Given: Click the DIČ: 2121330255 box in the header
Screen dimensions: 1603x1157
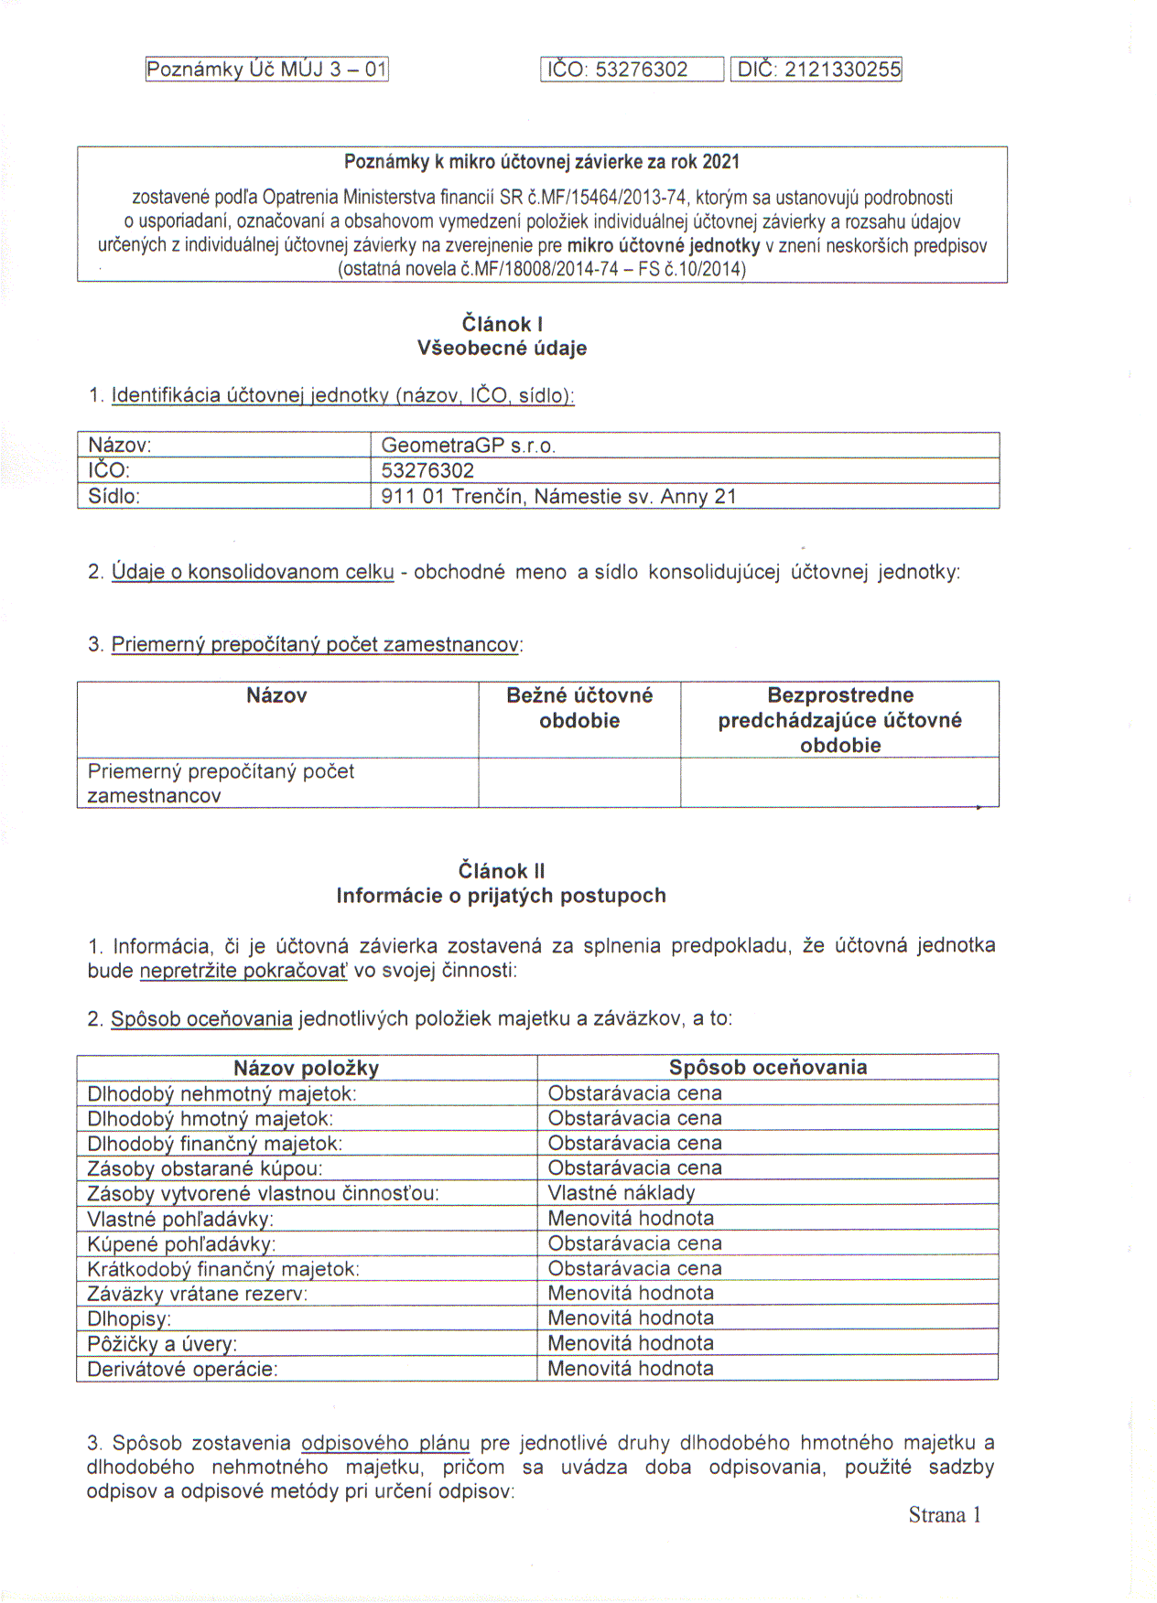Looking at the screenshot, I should (816, 70).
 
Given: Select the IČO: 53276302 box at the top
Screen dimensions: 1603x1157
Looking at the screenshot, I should (632, 70).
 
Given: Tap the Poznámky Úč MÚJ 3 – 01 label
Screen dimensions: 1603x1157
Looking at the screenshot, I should (267, 70).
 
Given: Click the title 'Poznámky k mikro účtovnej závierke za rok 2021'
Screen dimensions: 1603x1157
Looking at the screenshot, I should (542, 162).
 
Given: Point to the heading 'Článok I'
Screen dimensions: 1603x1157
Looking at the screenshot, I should (502, 324).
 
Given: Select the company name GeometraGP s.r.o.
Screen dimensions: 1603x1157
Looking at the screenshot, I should (469, 446).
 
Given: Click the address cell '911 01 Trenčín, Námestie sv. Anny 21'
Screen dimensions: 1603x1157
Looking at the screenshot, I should (558, 497).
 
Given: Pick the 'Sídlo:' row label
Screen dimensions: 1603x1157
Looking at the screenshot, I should (114, 497).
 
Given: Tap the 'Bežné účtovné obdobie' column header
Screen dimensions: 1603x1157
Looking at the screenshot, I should (579, 707).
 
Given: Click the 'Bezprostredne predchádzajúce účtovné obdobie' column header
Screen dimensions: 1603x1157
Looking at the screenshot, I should (839, 720).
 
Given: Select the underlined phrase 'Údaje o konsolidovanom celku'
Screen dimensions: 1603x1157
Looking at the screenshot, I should (253, 572).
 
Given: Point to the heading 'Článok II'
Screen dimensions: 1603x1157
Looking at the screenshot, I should (502, 871).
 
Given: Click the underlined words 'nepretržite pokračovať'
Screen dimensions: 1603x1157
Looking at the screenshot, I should (243, 971).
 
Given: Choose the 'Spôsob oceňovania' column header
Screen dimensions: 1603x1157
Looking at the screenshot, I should (768, 1067).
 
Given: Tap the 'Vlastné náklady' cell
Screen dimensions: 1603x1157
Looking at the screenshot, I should (622, 1193).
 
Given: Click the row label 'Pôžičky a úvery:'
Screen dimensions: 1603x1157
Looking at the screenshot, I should (162, 1344).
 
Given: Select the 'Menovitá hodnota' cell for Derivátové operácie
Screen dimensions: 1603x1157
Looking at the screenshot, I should (631, 1369).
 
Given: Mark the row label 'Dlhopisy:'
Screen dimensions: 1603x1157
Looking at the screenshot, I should (129, 1319).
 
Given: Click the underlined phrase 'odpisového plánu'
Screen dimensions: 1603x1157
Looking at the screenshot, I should (385, 1443).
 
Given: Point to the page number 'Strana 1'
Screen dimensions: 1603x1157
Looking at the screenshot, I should (945, 1515).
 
